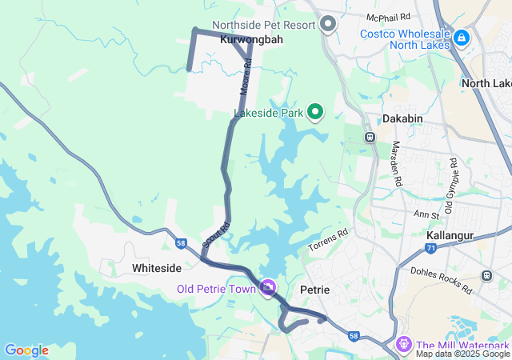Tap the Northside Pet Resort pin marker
[x=328, y=25]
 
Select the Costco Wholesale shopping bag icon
[x=462, y=38]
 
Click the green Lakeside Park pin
[x=315, y=113]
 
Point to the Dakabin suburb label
[x=402, y=118]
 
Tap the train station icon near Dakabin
[x=370, y=137]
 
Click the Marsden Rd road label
[x=396, y=164]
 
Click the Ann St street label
[x=426, y=215]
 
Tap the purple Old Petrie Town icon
[x=268, y=287]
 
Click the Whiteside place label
[x=157, y=267]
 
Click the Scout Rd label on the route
[x=215, y=234]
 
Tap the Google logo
[x=26, y=350]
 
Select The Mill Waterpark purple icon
[x=403, y=344]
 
